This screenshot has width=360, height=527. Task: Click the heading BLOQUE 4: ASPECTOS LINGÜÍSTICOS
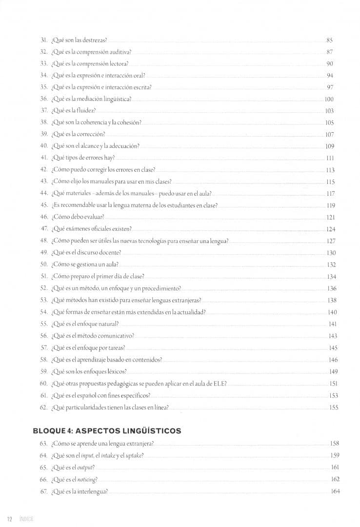coord(107,431)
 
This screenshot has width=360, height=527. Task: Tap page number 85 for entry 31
coord(330,40)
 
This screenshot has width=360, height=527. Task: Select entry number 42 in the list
coord(44,170)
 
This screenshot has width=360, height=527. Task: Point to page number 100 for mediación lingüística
coord(329,99)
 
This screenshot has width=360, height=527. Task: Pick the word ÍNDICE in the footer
coord(26,518)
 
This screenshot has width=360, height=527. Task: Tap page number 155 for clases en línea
coord(334,407)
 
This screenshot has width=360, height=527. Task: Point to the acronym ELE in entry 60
coord(220,384)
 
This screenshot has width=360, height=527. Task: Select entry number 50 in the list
coord(44,264)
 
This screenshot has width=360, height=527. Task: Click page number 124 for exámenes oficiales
coord(331,229)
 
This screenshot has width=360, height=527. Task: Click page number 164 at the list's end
coord(335,491)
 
